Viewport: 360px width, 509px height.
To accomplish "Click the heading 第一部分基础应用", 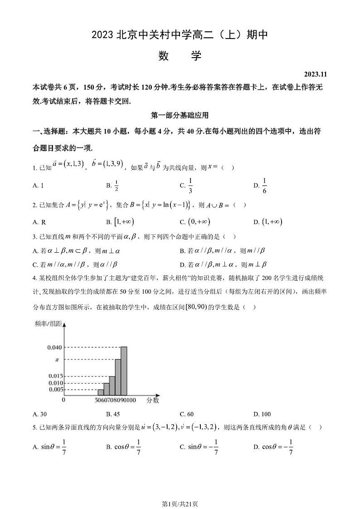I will point(180,116).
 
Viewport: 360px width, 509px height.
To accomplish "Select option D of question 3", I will point(223,264).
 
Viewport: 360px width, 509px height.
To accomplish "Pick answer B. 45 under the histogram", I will point(112,414).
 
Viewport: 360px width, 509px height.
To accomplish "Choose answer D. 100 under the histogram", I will point(262,414).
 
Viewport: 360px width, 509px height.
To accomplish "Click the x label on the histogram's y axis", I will point(57,359).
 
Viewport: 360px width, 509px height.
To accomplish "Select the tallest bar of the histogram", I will point(124,371).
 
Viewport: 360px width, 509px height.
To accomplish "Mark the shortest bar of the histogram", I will point(101,392).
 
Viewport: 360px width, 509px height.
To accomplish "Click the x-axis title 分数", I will point(152,400).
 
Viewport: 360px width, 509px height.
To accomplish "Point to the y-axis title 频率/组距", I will point(48,324).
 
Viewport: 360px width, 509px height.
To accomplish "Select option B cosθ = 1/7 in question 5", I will point(124,446).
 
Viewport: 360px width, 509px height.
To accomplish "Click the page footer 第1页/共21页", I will point(180,503).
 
